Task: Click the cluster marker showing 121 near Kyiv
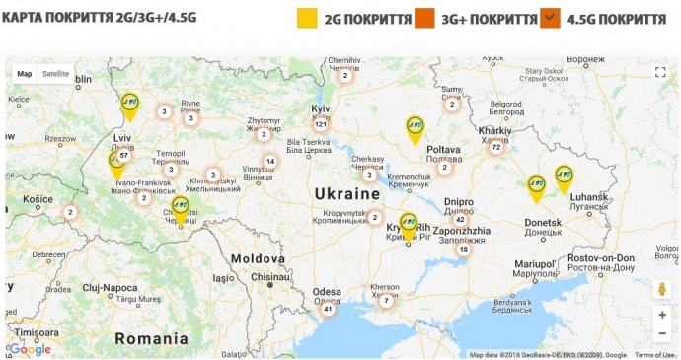[x=321, y=125]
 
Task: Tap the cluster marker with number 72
[x=496, y=147]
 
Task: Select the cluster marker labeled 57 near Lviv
[x=123, y=156]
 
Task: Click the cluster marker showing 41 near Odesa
[x=327, y=309]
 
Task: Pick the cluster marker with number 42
[x=460, y=220]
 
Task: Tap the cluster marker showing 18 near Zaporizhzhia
[x=463, y=250]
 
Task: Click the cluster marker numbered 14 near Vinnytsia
[x=269, y=162]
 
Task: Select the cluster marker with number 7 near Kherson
[x=386, y=300]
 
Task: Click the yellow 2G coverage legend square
[x=308, y=19]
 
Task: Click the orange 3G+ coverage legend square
[x=425, y=19]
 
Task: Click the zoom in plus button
[x=661, y=315]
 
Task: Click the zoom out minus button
[x=661, y=334]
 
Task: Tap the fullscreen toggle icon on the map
[x=661, y=72]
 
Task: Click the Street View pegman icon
[x=661, y=289]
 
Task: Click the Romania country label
[x=151, y=337]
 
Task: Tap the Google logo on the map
[x=31, y=349]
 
